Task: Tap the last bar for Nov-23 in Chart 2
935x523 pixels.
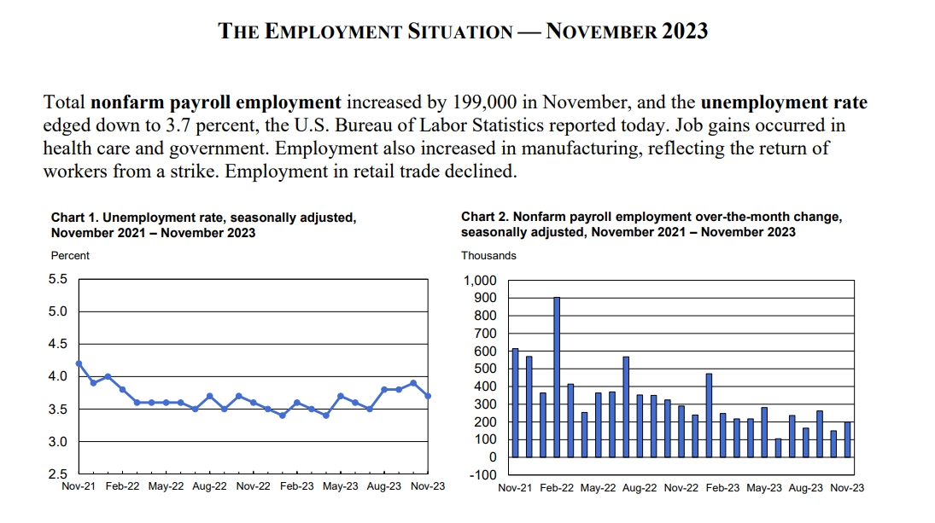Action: pyautogui.click(x=848, y=439)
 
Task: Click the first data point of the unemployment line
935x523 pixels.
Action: pyautogui.click(x=79, y=363)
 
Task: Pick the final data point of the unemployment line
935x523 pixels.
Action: pyautogui.click(x=427, y=396)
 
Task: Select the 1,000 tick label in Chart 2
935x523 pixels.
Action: pyautogui.click(x=480, y=281)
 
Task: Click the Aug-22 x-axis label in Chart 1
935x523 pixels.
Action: pyautogui.click(x=209, y=487)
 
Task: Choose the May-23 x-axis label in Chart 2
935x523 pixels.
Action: pyautogui.click(x=764, y=488)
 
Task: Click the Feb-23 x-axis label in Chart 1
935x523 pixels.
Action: pyautogui.click(x=297, y=487)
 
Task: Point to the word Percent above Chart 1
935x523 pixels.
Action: pyautogui.click(x=70, y=255)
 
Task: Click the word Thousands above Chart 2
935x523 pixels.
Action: pyautogui.click(x=488, y=255)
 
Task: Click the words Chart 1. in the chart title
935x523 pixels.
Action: pyautogui.click(x=74, y=218)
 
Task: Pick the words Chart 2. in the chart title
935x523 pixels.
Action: pyautogui.click(x=484, y=218)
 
